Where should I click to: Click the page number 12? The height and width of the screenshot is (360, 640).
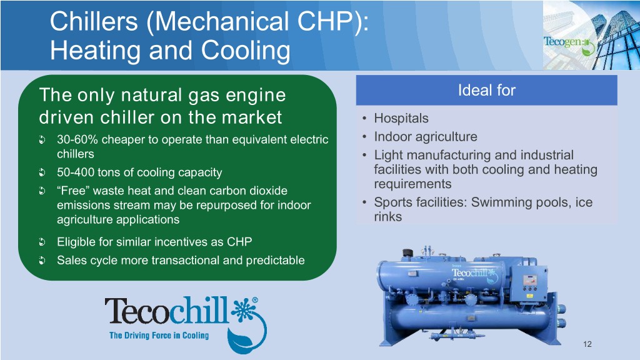tap(587, 344)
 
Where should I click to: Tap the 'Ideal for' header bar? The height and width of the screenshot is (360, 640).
tap(486, 90)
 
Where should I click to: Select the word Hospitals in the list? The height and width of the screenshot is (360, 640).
tap(401, 118)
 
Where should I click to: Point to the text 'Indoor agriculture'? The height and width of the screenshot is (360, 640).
tap(425, 137)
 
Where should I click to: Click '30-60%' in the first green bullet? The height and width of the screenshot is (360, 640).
tap(77, 139)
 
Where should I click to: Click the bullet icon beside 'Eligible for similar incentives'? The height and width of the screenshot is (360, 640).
tap(42, 242)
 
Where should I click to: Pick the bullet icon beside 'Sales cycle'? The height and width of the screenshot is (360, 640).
tap(42, 261)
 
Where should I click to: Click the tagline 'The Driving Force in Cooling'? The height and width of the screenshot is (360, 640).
tap(159, 336)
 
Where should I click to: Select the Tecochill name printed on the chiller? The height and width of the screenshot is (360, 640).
tap(470, 272)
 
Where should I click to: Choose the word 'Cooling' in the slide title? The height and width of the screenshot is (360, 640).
tap(245, 50)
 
